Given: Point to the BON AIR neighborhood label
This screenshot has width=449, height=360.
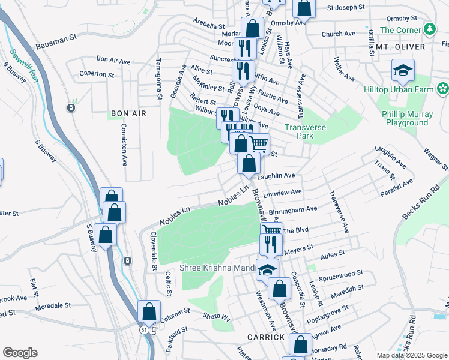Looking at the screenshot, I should coord(128,113).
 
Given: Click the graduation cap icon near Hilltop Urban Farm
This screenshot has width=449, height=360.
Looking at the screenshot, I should coord(403,71).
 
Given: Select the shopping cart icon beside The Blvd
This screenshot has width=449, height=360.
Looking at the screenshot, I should coord(272,230).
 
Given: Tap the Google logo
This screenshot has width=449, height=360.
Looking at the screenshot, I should coord(20,353).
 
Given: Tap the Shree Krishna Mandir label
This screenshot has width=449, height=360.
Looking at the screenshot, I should coord(218,267).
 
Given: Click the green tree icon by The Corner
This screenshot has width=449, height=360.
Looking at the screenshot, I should coord(429,29).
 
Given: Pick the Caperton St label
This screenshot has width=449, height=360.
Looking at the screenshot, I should coord(97,75).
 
